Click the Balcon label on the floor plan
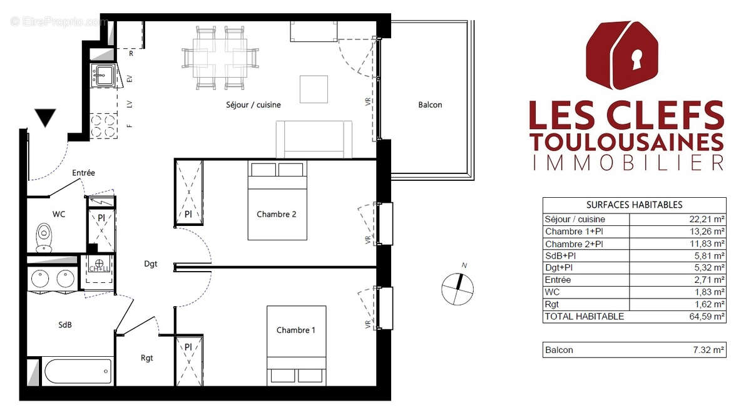(x=430, y=105)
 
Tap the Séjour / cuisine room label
(x=253, y=105)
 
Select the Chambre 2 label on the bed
(x=277, y=215)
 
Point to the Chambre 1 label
(x=296, y=330)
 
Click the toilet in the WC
(x=44, y=237)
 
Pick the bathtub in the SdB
(x=78, y=372)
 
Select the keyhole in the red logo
(x=636, y=60)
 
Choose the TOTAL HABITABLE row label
(x=585, y=317)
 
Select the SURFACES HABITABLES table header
(x=634, y=205)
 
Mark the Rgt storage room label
(x=146, y=359)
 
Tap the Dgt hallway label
(x=150, y=265)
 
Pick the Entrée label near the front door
(x=83, y=173)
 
